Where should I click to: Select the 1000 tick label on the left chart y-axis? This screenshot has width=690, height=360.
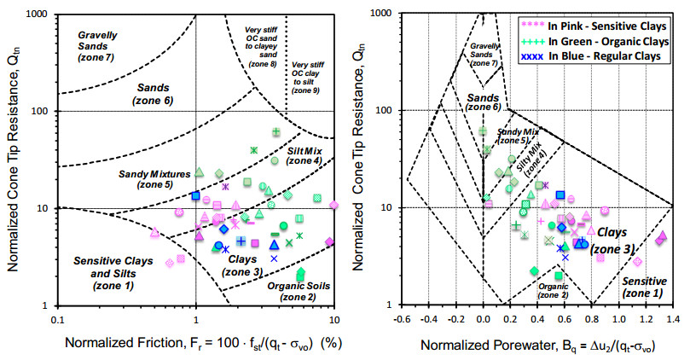pos(35,15)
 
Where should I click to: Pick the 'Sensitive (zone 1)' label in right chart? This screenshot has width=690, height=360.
pos(642,287)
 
